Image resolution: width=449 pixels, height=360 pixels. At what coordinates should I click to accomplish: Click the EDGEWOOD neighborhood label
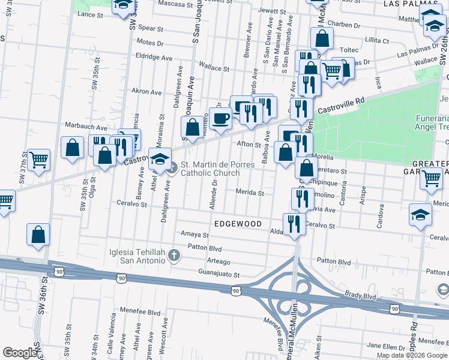(238, 224)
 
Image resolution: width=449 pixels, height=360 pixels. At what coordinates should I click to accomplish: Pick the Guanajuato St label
(219, 275)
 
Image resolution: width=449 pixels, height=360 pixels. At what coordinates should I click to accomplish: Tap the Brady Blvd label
(360, 296)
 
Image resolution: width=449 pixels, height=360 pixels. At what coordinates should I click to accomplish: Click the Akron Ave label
(147, 92)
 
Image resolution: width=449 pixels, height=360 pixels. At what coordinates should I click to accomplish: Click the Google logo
(20, 353)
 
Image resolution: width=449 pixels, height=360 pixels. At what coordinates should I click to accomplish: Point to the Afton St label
(250, 144)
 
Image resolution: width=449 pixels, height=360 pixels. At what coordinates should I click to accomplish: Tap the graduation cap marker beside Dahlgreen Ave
(160, 160)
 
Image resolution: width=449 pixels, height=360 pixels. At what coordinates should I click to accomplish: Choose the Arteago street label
(218, 262)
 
